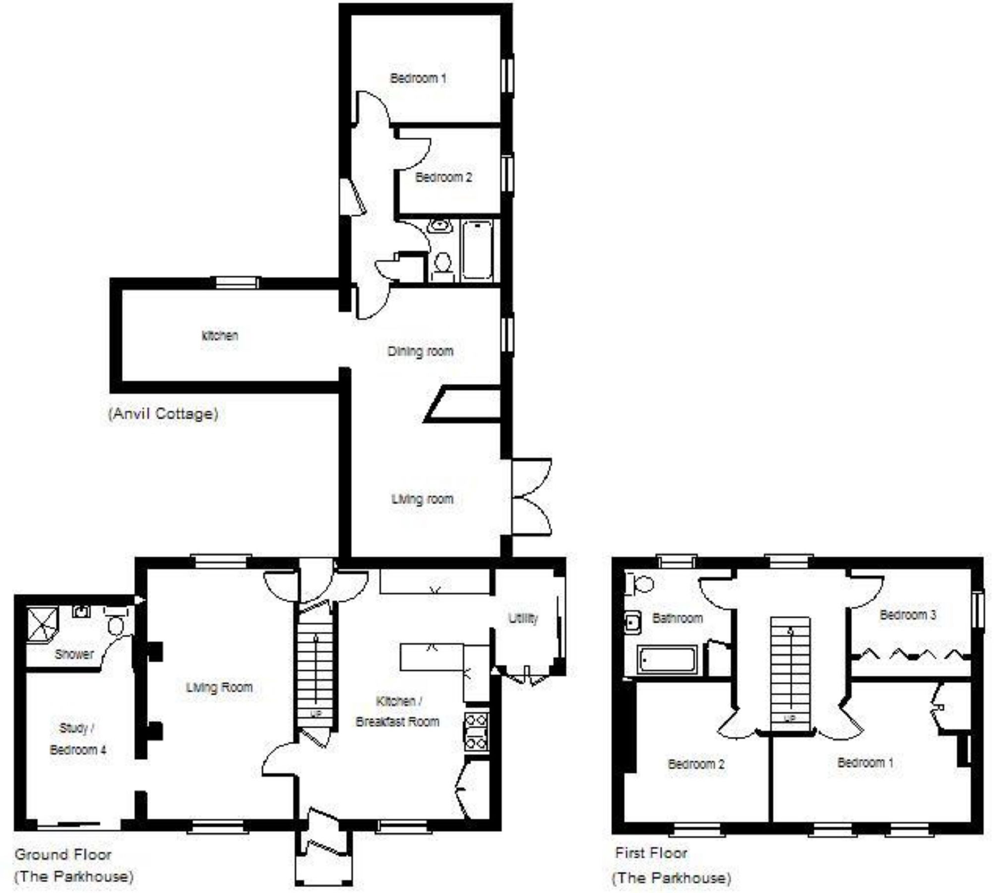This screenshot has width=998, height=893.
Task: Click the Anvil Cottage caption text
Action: [x=163, y=414]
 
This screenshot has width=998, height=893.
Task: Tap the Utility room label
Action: [x=523, y=618]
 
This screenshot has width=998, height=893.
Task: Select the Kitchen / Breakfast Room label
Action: [x=397, y=711]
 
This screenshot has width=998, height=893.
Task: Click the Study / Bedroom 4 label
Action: [x=77, y=739]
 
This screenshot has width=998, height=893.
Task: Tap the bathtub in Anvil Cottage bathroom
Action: [x=477, y=251]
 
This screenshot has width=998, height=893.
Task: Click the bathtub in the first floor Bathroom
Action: [x=667, y=660]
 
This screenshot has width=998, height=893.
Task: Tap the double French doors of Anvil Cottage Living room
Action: [x=531, y=497]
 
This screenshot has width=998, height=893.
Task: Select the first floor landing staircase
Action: [x=789, y=672]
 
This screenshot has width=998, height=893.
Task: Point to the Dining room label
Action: [x=420, y=351]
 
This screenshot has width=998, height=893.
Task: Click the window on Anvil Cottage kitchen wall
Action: [x=237, y=283]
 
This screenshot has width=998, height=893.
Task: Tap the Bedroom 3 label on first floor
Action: [x=907, y=615]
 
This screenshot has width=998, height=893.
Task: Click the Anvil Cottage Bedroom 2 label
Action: [x=443, y=177]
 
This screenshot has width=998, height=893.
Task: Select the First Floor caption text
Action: [x=651, y=853]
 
